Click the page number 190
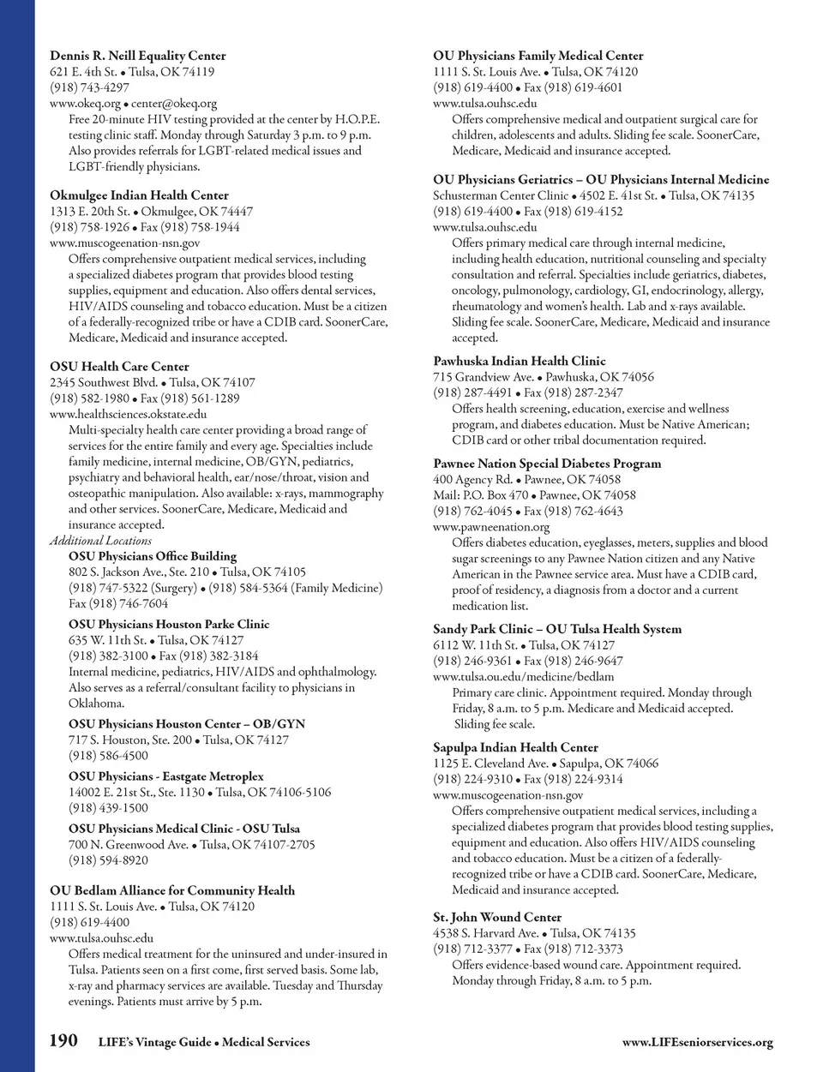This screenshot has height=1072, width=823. click(x=63, y=1041)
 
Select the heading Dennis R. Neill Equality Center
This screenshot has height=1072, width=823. click(x=138, y=56)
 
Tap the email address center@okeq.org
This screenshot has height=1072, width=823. click(x=173, y=104)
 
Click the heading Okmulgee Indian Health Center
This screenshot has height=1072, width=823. click(x=139, y=195)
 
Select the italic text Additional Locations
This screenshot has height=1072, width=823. click(x=100, y=541)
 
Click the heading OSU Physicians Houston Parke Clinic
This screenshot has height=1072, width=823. click(x=169, y=624)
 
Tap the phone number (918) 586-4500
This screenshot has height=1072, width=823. click(x=108, y=755)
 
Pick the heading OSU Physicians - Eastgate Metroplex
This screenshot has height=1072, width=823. click(x=166, y=776)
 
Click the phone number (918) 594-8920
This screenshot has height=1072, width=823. click(x=108, y=859)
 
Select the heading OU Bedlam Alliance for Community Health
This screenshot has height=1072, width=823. click(x=172, y=890)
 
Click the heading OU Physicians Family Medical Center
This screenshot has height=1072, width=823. click(x=538, y=56)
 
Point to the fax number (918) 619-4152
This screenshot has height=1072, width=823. click(x=584, y=211)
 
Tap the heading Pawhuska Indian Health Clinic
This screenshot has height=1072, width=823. click(x=520, y=361)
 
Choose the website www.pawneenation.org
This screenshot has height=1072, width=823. click(x=491, y=527)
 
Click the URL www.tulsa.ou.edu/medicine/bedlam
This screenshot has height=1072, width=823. click(x=523, y=676)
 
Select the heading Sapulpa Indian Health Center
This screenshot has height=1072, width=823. click(x=515, y=747)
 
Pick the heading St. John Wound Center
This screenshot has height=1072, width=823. click(x=497, y=917)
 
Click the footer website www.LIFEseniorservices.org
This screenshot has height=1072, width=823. click(x=697, y=1042)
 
